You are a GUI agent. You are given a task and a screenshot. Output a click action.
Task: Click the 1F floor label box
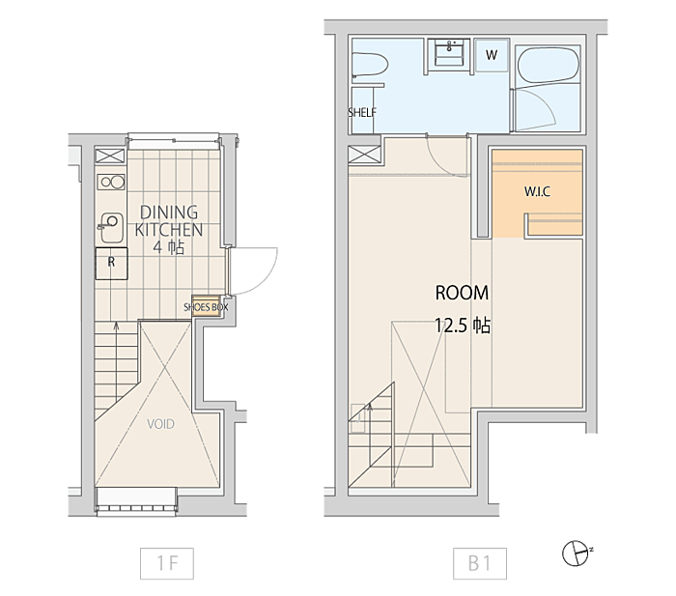click(x=167, y=563)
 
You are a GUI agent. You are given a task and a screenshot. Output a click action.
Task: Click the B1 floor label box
click(x=480, y=563)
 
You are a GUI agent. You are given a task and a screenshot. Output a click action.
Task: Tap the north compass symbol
click(x=577, y=553)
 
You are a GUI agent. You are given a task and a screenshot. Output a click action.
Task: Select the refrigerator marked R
click(x=111, y=264)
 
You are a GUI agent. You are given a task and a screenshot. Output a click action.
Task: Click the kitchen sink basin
click(x=112, y=227)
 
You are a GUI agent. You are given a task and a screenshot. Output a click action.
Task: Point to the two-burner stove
click(x=111, y=182)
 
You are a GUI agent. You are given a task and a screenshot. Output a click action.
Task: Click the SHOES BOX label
click(x=206, y=307)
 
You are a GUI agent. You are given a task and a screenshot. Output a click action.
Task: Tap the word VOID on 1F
click(x=161, y=424)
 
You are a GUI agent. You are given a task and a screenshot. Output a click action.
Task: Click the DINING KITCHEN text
click(x=169, y=221)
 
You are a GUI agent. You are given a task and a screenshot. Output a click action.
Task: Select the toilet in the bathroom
click(x=370, y=66)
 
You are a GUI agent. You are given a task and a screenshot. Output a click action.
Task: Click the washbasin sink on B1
click(x=449, y=52)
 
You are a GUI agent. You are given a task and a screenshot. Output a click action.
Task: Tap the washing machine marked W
click(x=492, y=55)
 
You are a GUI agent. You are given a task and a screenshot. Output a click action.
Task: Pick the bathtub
click(x=548, y=65)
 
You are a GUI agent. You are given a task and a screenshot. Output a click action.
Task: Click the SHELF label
click(x=362, y=113)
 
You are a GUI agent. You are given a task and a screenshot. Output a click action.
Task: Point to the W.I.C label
click(x=537, y=191)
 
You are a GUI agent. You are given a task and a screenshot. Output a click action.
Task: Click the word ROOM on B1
click(x=462, y=294)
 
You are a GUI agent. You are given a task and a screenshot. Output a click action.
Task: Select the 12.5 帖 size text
click(x=463, y=326)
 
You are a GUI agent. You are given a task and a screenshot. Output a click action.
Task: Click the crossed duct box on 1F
click(x=110, y=156)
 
